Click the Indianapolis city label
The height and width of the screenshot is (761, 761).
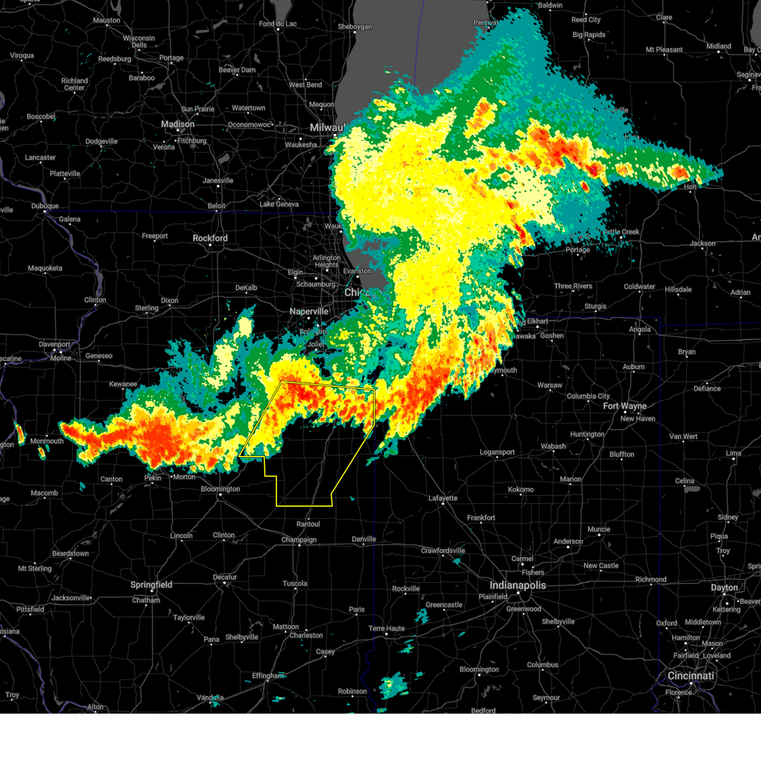click(517, 585)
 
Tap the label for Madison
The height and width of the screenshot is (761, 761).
click(178, 124)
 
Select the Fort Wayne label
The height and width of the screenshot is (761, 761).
click(625, 406)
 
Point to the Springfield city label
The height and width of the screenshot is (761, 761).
click(151, 585)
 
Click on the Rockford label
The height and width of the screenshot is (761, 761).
click(210, 238)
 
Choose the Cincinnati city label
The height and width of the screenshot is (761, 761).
click(691, 676)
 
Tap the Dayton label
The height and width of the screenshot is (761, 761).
click(724, 588)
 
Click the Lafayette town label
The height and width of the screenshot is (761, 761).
click(443, 498)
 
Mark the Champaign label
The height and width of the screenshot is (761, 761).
click(299, 540)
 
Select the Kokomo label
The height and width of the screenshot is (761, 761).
click(521, 490)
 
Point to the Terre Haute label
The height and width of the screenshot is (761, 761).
click(386, 628)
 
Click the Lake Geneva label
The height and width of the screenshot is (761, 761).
click(279, 204)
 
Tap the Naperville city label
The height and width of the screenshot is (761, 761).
click(309, 311)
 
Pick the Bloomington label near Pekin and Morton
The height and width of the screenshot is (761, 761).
click(220, 489)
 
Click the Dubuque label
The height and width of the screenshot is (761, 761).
click(44, 206)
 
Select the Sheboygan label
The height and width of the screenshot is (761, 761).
click(354, 27)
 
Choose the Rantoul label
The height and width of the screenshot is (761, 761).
click(308, 524)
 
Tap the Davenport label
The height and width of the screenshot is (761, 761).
click(55, 344)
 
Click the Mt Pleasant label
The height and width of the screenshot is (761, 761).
click(664, 49)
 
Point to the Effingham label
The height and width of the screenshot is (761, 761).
click(268, 676)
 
